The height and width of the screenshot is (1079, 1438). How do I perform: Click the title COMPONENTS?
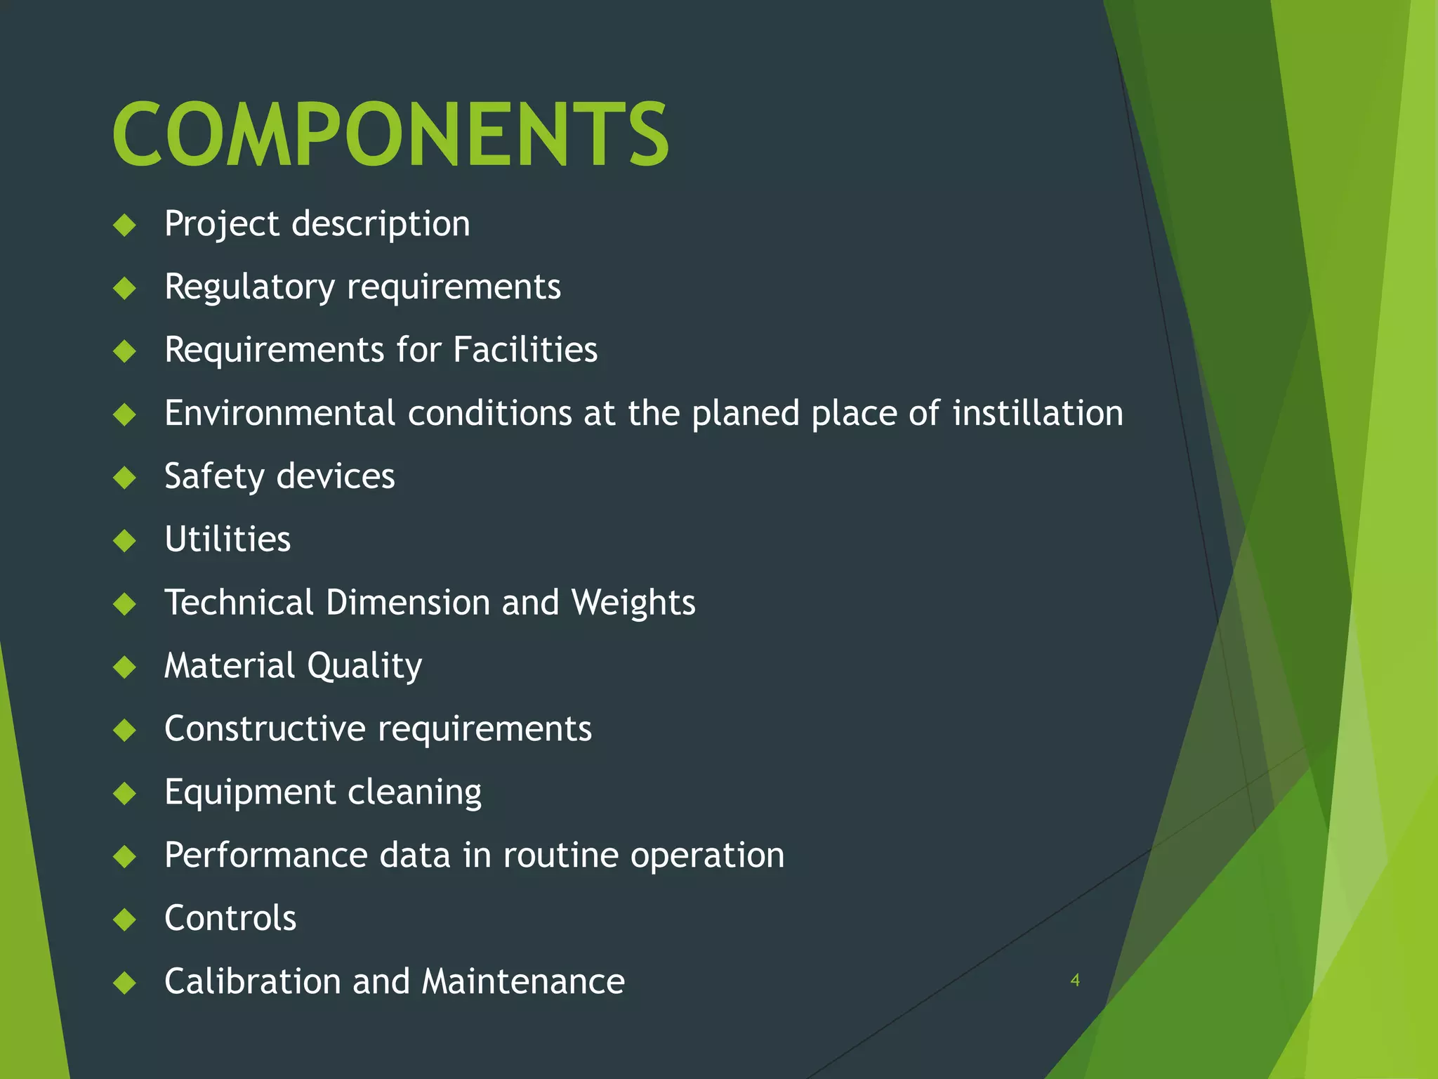click(390, 134)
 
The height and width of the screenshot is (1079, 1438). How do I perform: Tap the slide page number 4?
click(1074, 980)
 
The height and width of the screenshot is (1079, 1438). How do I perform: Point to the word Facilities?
click(525, 350)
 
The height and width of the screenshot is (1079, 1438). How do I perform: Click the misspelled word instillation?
click(1038, 413)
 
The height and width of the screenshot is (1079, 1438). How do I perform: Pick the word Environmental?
click(279, 413)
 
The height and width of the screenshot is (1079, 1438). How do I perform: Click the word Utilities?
click(227, 539)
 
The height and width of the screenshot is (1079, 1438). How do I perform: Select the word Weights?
click(633, 603)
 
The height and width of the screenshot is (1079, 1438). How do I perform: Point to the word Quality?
click(364, 667)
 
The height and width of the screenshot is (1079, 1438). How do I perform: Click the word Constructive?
click(265, 728)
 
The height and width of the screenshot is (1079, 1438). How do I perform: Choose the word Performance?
click(265, 856)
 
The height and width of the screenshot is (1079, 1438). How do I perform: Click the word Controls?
click(230, 918)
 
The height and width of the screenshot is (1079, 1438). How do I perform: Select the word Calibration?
click(252, 981)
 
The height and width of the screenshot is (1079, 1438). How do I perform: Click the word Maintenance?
click(523, 981)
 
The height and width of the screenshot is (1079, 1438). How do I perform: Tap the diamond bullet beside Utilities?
click(125, 541)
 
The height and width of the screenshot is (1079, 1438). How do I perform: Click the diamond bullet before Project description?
click(125, 225)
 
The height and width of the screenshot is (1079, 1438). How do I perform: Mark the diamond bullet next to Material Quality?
click(125, 667)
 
